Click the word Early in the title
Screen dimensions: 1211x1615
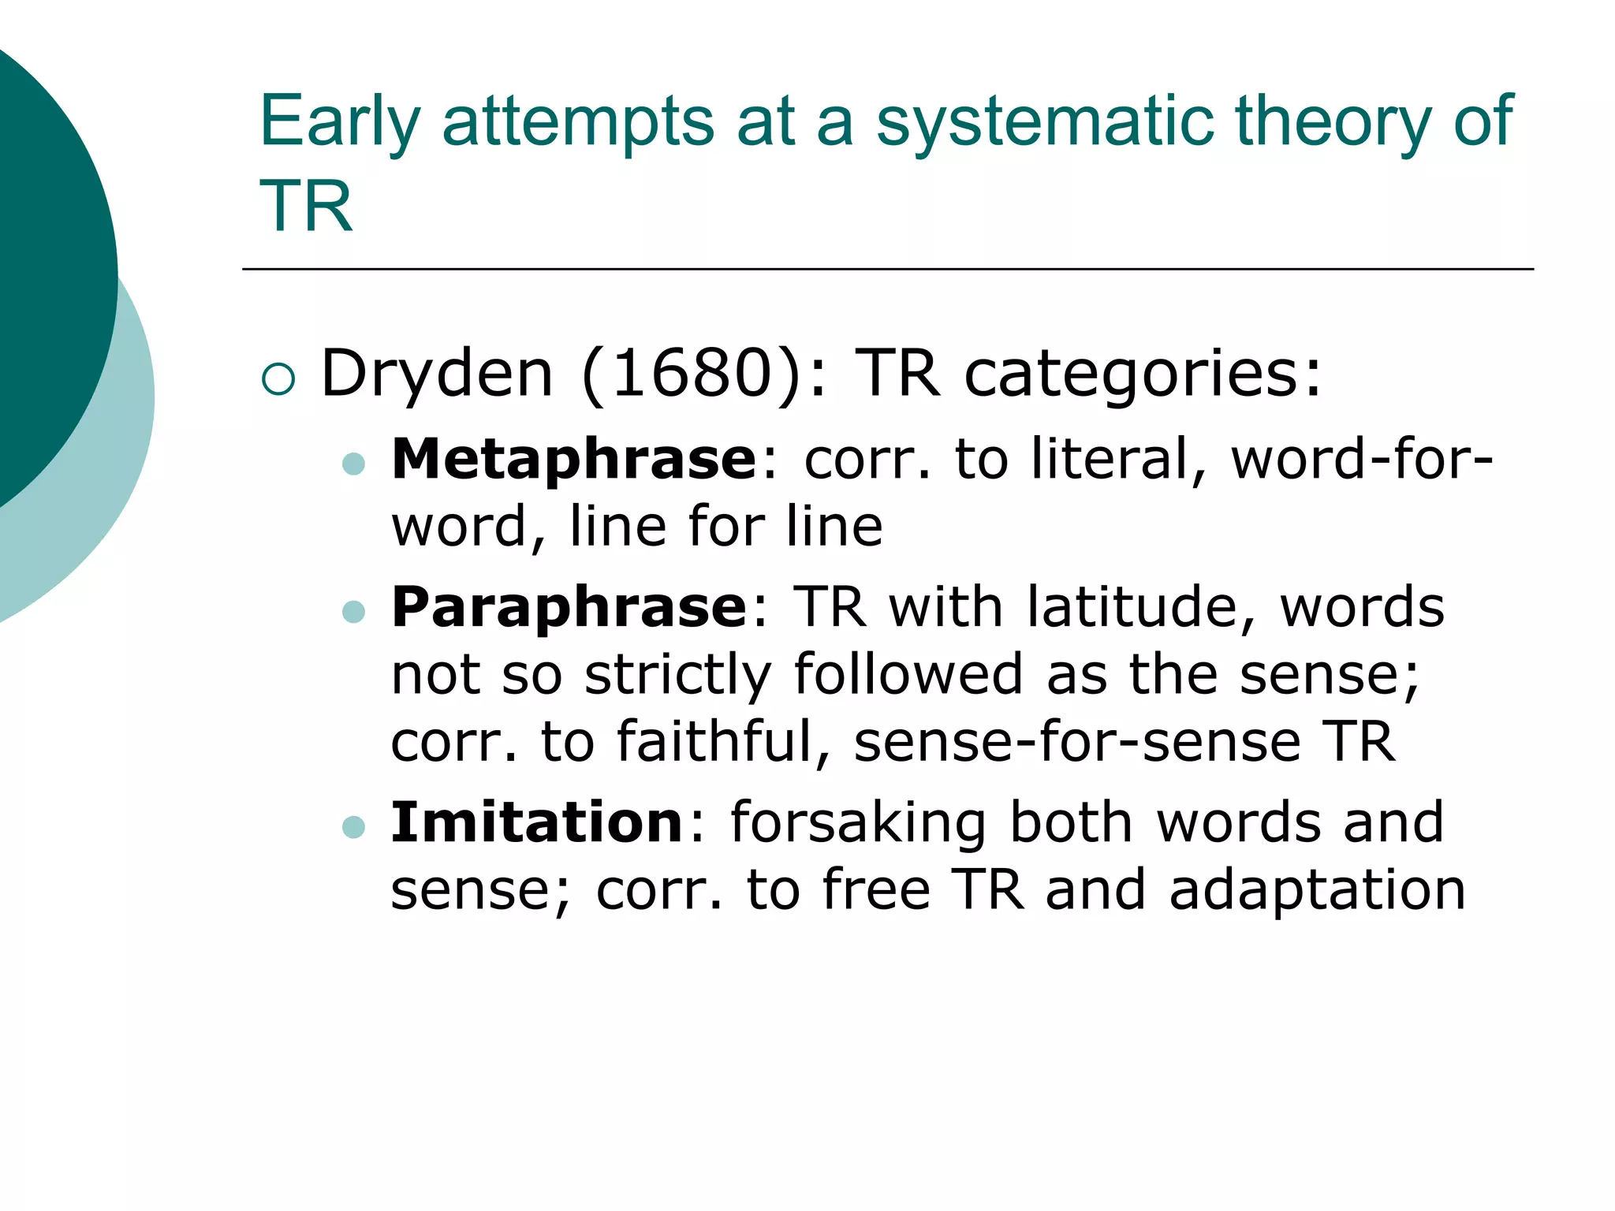click(340, 122)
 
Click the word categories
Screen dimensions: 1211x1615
click(1143, 374)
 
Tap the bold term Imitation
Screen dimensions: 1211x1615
click(537, 822)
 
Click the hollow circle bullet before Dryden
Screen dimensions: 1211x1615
click(278, 379)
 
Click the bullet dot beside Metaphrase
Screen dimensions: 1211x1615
click(354, 464)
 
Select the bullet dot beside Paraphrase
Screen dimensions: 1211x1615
click(354, 612)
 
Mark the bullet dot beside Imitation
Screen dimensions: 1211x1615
click(354, 826)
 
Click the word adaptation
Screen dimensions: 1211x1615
click(1317, 890)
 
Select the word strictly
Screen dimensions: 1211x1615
click(677, 676)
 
